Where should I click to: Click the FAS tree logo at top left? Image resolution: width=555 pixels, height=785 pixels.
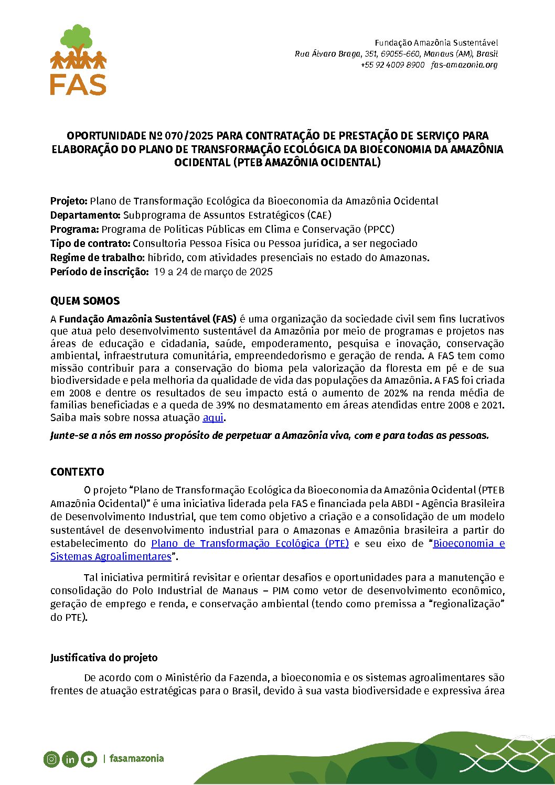[78, 59]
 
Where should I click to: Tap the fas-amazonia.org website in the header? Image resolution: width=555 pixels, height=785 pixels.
[464, 65]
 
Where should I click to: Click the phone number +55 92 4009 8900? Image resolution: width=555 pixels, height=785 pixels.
[392, 65]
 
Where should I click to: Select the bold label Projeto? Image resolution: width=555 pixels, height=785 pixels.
[69, 201]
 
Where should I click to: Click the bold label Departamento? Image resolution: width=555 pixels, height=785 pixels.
[86, 215]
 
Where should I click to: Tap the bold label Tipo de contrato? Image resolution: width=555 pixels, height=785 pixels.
[90, 243]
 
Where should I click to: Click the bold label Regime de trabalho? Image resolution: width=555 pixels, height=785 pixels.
[98, 257]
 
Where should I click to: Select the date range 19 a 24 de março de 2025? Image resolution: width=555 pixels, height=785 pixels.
[213, 272]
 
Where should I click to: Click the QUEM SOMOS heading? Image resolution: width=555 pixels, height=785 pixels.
[85, 301]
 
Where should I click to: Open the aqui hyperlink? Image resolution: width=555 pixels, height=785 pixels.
[213, 418]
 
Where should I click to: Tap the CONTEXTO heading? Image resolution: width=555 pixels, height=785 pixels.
[77, 472]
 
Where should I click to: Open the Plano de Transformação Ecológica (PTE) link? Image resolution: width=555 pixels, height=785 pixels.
[250, 543]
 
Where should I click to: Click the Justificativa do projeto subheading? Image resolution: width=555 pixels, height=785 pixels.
[104, 658]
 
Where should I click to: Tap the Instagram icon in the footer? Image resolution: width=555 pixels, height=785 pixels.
[51, 759]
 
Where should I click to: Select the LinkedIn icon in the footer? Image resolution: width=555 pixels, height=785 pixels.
[70, 759]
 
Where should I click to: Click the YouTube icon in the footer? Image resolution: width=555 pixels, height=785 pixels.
[89, 759]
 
